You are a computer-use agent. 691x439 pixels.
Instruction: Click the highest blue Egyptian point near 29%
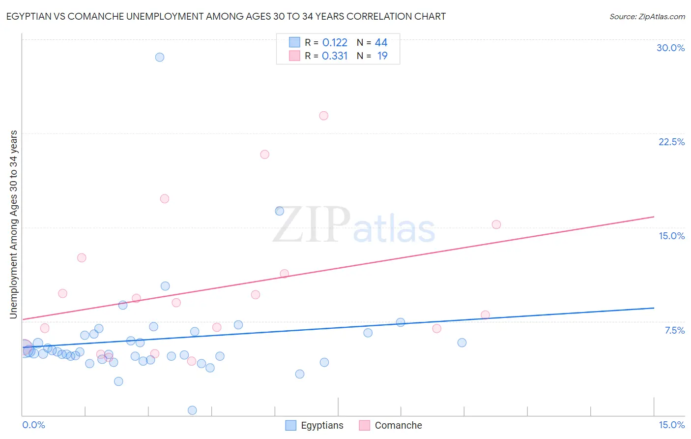[x=160, y=57]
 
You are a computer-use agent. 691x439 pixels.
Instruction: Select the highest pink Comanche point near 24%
[x=323, y=116]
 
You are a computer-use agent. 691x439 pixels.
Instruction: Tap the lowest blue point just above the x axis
[x=192, y=410]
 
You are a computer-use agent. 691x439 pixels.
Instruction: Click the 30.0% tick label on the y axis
[x=670, y=48]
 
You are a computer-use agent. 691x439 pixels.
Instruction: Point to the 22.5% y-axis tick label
[x=671, y=142]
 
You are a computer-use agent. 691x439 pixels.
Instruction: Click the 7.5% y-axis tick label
[x=674, y=330]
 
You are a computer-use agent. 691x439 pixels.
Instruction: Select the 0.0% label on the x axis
[x=33, y=425]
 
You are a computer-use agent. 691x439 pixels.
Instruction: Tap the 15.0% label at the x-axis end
[x=671, y=425]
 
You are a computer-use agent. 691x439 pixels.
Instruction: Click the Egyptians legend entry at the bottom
[x=322, y=425]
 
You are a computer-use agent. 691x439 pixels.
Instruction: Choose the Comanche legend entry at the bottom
[x=398, y=425]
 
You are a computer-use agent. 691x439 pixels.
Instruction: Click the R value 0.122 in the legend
[x=335, y=43]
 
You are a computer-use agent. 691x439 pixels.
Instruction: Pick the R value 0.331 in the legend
[x=335, y=56]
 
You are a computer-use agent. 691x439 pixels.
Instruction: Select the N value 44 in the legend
[x=381, y=43]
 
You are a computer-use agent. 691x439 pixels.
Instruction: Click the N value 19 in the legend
[x=382, y=56]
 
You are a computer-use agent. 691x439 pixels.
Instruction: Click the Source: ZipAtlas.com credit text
[x=647, y=17]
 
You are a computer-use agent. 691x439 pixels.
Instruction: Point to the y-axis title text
[x=14, y=224]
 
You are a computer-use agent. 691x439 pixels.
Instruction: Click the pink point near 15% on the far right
[x=496, y=224]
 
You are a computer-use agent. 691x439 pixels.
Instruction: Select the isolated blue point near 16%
[x=279, y=211]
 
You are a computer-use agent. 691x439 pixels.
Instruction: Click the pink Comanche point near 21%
[x=264, y=155]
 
